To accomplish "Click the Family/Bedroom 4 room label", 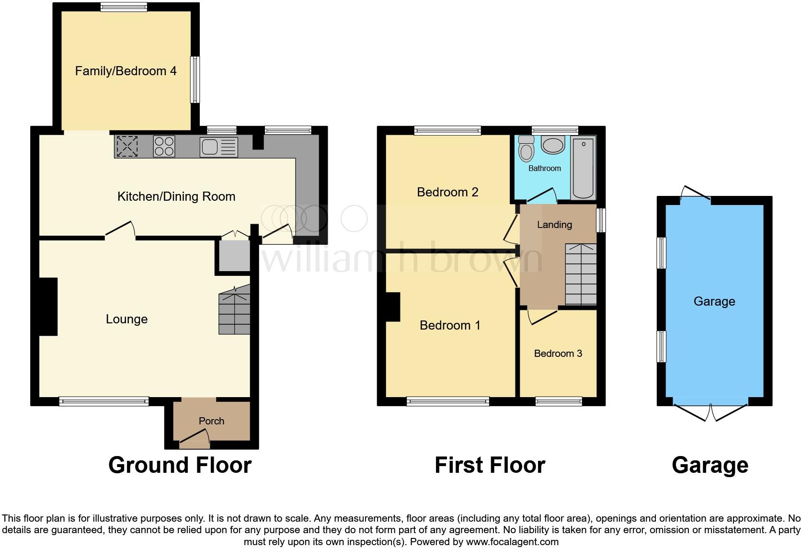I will click(126, 71).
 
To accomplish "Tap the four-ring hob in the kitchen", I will click(164, 147).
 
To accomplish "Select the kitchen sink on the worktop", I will click(219, 147).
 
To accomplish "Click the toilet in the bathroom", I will click(526, 149).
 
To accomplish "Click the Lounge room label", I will click(126, 320).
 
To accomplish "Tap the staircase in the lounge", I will click(234, 313).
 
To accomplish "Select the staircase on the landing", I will click(581, 274).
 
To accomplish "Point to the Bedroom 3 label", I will click(558, 354).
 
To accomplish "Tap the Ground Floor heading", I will click(180, 465).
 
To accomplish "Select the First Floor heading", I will click(490, 465).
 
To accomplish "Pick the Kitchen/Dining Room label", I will click(176, 196).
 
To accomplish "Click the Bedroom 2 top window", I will click(447, 130).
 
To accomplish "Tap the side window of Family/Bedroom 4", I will click(195, 80).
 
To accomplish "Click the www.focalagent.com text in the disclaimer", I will click(512, 542).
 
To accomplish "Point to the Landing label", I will click(554, 225).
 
